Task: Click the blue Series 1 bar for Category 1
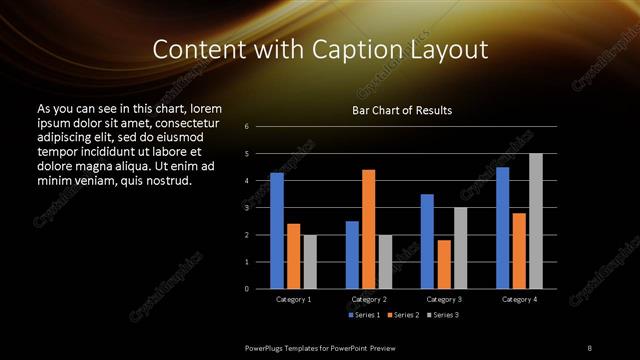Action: [x=277, y=231]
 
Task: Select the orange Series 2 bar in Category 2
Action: [x=369, y=229]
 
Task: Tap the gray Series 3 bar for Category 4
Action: [x=536, y=221]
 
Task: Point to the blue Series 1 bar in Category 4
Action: [x=502, y=228]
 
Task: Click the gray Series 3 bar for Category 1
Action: [x=310, y=262]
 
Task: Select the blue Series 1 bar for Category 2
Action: [x=352, y=255]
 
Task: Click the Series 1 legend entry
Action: [x=363, y=315]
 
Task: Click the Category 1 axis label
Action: [x=293, y=299]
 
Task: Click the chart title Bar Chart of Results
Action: [x=402, y=110]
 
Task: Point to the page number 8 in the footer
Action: [x=590, y=347]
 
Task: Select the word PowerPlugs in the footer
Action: [x=269, y=347]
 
